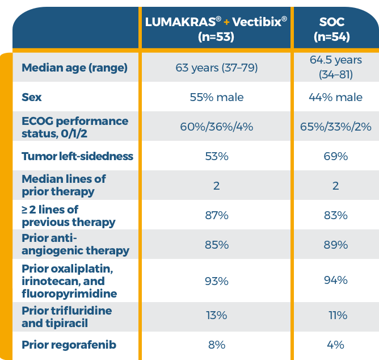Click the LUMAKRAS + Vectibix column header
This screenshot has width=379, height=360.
tap(216, 29)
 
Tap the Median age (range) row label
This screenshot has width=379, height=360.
tap(74, 68)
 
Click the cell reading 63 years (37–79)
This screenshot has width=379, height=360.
tap(216, 68)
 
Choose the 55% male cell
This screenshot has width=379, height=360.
tap(216, 98)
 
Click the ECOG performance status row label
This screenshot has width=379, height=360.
tap(75, 127)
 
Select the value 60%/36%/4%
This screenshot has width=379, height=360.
tap(216, 127)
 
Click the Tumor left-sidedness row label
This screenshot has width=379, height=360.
tap(77, 156)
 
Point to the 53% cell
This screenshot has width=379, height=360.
tap(216, 156)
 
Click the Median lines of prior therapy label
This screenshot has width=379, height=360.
tap(64, 185)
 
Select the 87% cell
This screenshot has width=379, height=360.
tap(216, 215)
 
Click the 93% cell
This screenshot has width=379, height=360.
tap(216, 281)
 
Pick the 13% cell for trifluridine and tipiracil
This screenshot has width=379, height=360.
tap(216, 316)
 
